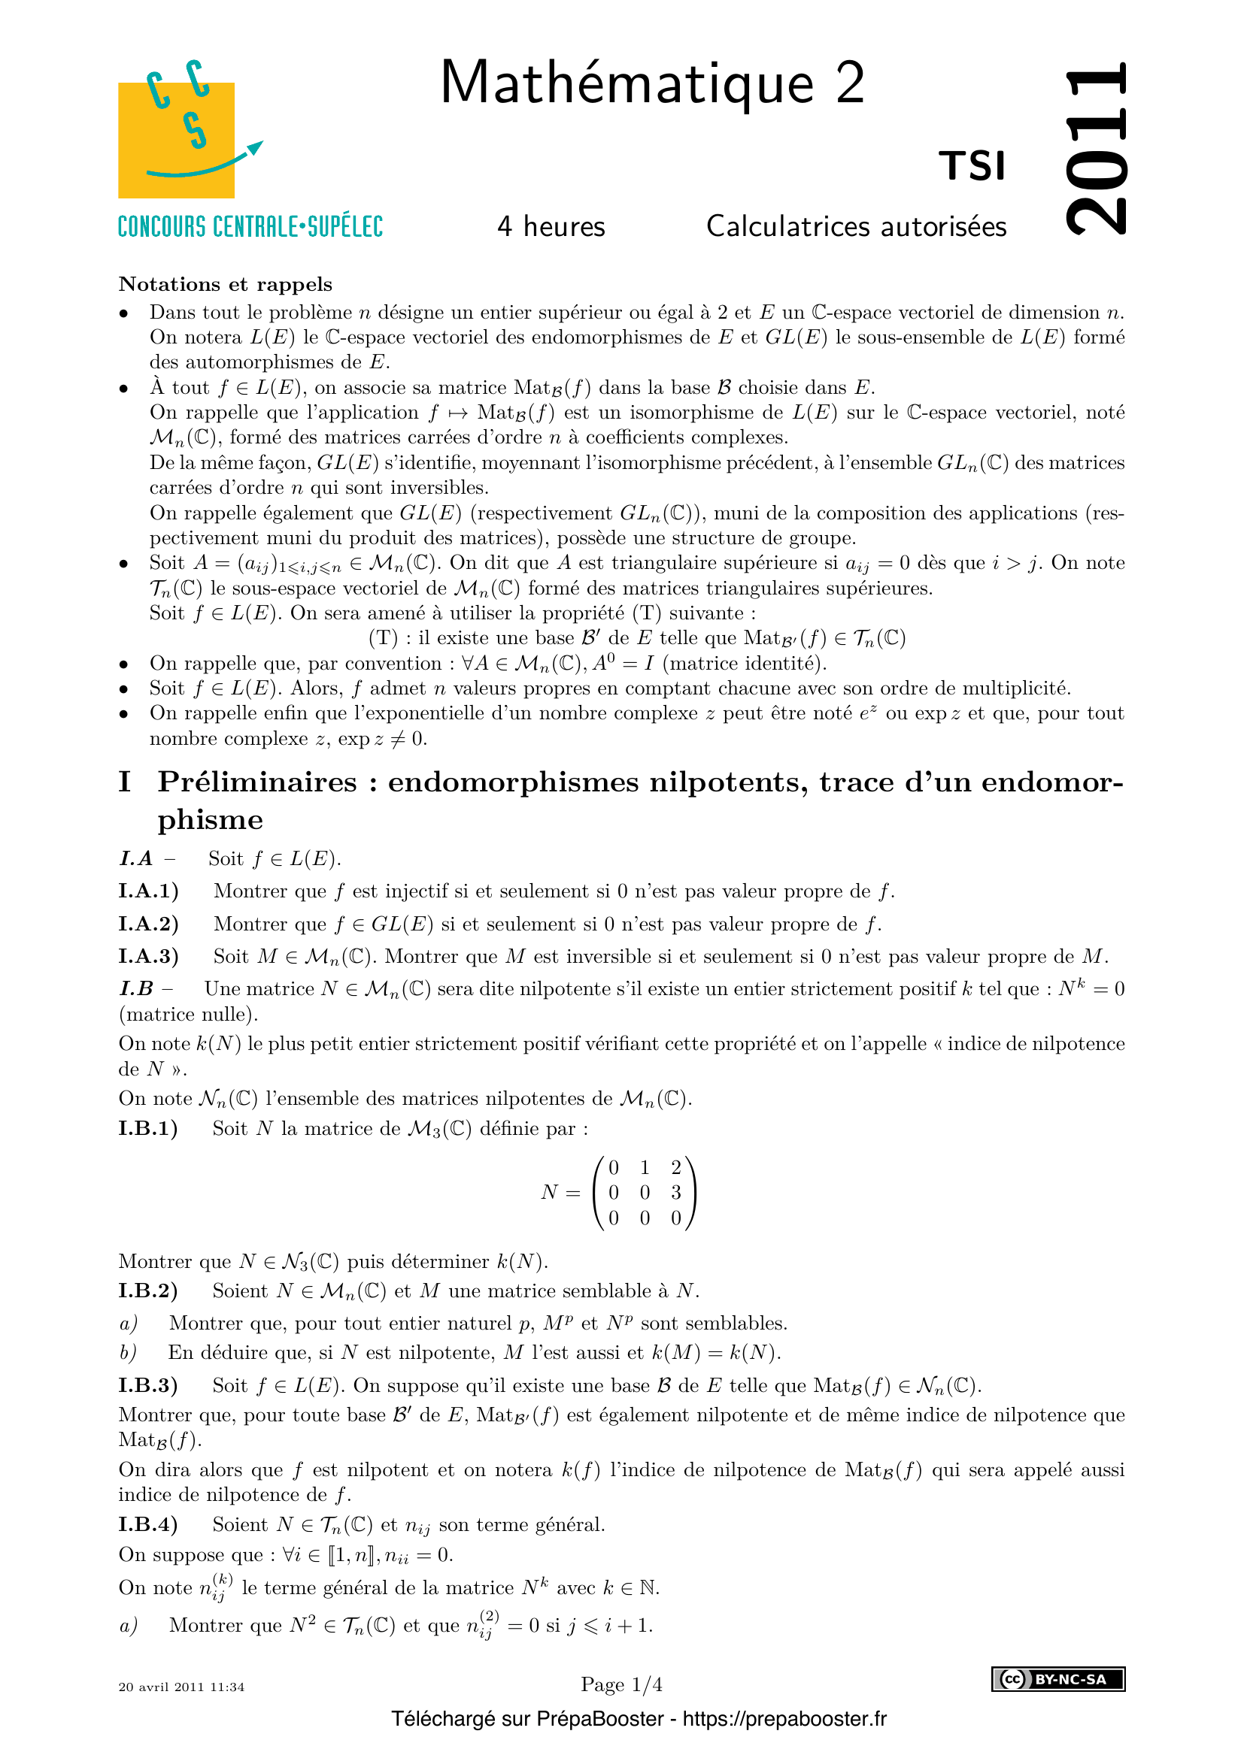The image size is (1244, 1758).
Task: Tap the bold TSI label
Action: (x=972, y=166)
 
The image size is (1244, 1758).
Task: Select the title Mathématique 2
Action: (x=652, y=83)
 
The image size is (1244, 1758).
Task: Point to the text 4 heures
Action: (x=551, y=227)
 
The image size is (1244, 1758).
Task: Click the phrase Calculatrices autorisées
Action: (x=856, y=227)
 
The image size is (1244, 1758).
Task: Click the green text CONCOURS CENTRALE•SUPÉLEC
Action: (x=250, y=227)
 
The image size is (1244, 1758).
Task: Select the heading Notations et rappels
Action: (x=225, y=284)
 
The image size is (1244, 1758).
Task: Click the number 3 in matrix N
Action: (x=675, y=1192)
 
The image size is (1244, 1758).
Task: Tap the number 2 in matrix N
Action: (x=675, y=1168)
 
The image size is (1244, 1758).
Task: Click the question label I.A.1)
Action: (x=149, y=891)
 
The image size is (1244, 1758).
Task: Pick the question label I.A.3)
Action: (x=149, y=956)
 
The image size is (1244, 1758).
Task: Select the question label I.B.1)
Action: (x=148, y=1129)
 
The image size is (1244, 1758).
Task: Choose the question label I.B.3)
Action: (x=148, y=1386)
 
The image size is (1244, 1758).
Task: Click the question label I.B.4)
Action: (x=148, y=1524)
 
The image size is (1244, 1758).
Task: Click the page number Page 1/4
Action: (x=621, y=1684)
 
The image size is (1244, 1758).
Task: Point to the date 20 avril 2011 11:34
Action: (x=181, y=1687)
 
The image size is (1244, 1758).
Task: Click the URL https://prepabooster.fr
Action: (x=784, y=1719)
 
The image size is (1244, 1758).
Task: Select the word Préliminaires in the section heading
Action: (x=257, y=782)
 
